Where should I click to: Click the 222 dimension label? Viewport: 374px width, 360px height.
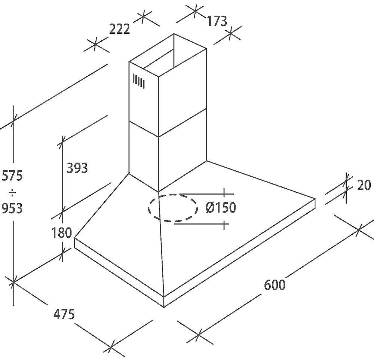119,29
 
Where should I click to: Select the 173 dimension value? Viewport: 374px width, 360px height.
217,21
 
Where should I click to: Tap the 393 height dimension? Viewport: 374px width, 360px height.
77,168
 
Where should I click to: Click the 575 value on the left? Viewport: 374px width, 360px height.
12,176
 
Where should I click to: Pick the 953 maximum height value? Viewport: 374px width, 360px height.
12,208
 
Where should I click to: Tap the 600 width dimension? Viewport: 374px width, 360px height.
275,285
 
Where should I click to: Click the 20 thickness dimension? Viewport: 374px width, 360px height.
364,185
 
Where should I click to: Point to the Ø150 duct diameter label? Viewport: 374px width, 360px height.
221,207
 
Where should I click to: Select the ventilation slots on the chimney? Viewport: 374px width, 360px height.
138,81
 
